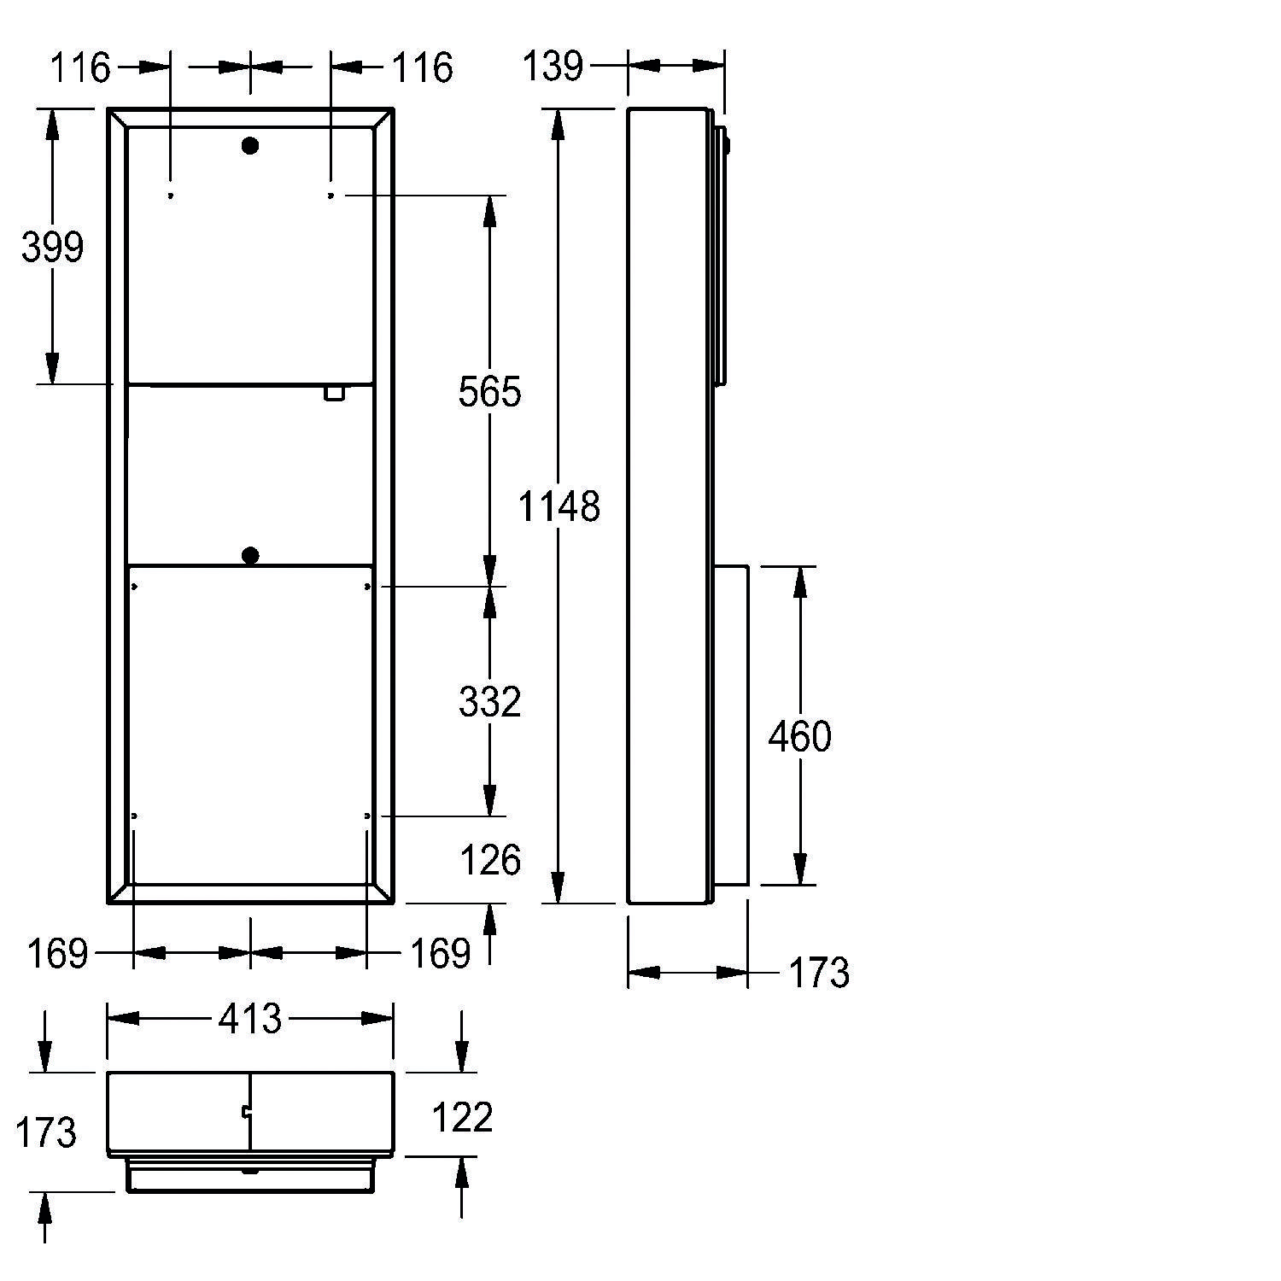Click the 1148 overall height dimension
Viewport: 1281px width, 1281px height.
click(x=559, y=506)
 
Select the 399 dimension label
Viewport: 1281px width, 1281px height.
click(x=52, y=248)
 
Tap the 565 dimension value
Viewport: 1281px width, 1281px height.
click(x=489, y=392)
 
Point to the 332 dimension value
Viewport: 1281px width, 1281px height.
click(x=489, y=702)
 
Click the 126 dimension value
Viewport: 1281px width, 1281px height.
click(x=489, y=860)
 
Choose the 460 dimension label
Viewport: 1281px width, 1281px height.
click(x=799, y=736)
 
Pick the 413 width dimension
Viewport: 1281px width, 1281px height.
click(x=249, y=1019)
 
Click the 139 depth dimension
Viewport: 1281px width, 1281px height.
click(x=554, y=66)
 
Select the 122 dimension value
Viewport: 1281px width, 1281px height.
click(x=462, y=1117)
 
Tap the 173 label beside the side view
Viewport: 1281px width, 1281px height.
click(x=817, y=973)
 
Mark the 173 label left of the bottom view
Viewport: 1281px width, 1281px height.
click(x=46, y=1132)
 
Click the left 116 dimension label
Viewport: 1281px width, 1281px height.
click(x=79, y=67)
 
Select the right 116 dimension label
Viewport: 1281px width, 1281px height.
click(x=422, y=67)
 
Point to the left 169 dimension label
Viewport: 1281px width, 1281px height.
click(x=57, y=953)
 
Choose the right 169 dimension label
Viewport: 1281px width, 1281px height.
click(x=440, y=953)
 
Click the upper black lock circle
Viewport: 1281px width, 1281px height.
click(x=250, y=146)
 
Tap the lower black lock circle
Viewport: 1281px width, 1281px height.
click(x=250, y=557)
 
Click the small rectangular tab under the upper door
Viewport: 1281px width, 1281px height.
click(x=333, y=392)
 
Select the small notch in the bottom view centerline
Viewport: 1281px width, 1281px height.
click(x=247, y=1112)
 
